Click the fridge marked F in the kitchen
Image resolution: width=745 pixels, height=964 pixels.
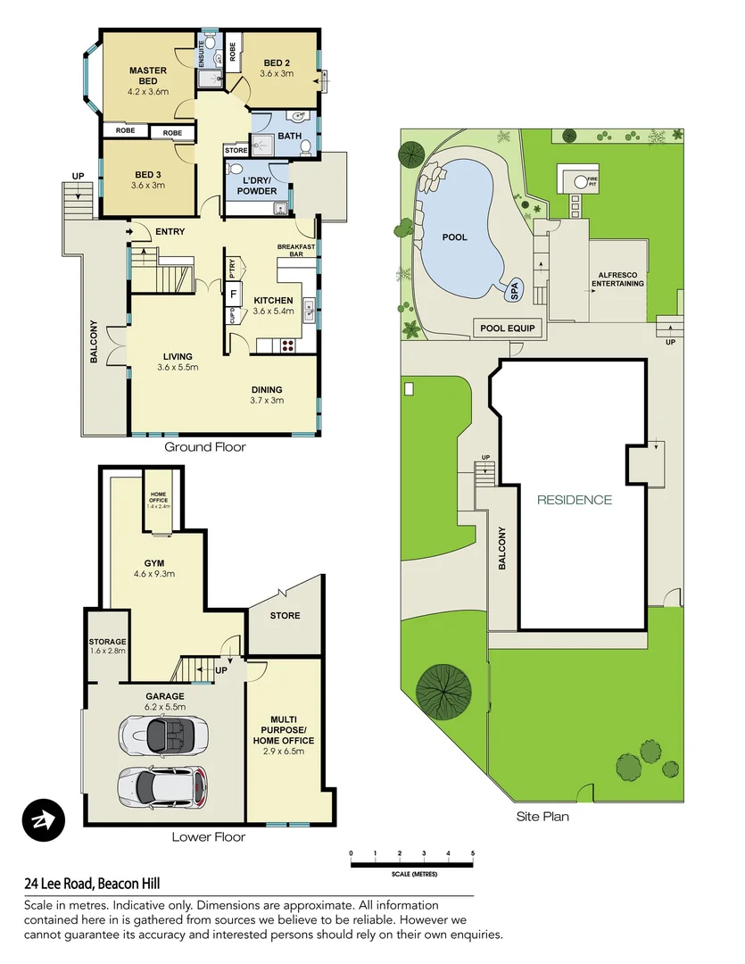(233, 293)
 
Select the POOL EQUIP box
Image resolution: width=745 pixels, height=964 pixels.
(507, 328)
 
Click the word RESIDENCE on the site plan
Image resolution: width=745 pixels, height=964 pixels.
(574, 500)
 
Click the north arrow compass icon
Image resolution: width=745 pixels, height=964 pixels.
(44, 819)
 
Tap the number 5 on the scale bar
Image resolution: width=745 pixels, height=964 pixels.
(473, 854)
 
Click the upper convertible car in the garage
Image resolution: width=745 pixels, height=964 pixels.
(157, 735)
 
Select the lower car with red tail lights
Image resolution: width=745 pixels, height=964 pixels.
(162, 785)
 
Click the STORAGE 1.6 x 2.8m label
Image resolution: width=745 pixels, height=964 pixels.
(107, 646)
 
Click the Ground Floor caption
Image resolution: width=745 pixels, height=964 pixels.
(205, 447)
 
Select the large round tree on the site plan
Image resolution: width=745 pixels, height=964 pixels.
(443, 690)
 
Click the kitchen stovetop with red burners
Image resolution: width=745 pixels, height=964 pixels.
(290, 343)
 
